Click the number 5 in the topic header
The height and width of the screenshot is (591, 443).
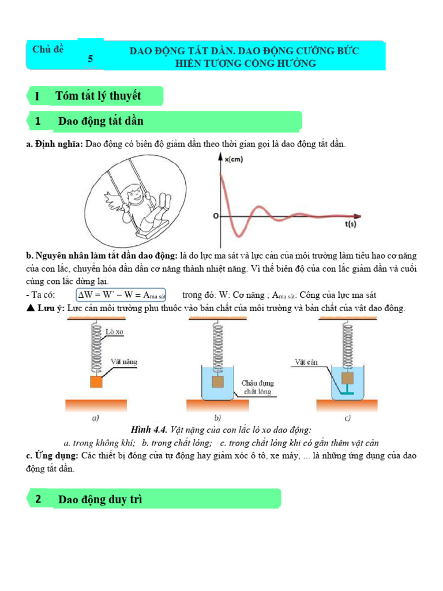pyautogui.click(x=90, y=58)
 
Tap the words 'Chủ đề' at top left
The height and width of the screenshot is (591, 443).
pyautogui.click(x=48, y=49)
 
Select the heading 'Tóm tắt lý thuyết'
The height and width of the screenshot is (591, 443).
pyautogui.click(x=98, y=95)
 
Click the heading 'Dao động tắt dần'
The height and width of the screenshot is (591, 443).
pyautogui.click(x=100, y=121)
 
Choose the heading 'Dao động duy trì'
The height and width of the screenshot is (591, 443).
pyautogui.click(x=100, y=499)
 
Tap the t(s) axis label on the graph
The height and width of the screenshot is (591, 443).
pyautogui.click(x=351, y=225)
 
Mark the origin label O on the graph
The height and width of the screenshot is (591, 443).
pyautogui.click(x=215, y=216)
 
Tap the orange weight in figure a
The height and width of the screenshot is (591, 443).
pyautogui.click(x=96, y=382)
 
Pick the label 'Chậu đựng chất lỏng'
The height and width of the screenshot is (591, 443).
pyautogui.click(x=258, y=387)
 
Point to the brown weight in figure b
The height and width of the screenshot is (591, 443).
pyautogui.click(x=217, y=381)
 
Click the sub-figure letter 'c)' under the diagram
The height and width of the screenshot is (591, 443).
pyautogui.click(x=347, y=418)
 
